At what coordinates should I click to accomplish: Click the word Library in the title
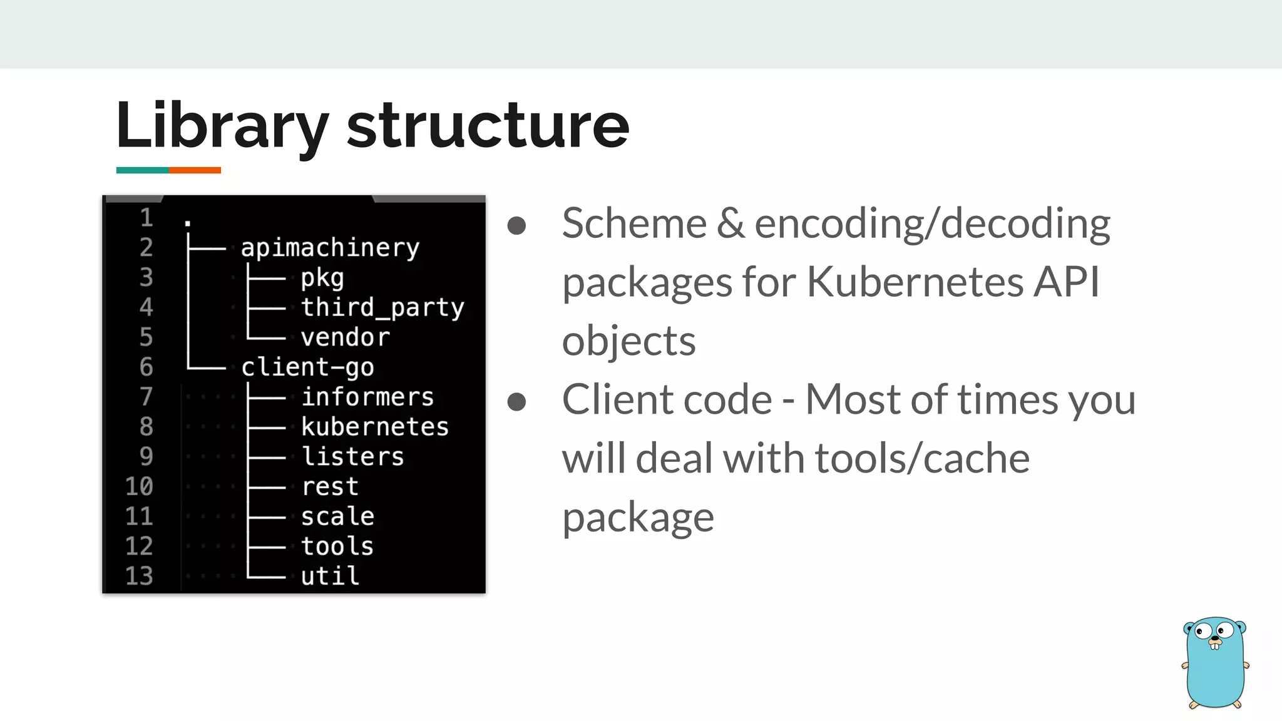pyautogui.click(x=222, y=126)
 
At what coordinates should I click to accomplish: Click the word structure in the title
pyautogui.click(x=487, y=126)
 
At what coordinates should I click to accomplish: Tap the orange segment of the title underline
pyautogui.click(x=195, y=170)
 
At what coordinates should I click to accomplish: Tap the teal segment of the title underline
pyautogui.click(x=142, y=170)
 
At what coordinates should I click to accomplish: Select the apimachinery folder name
pyautogui.click(x=330, y=248)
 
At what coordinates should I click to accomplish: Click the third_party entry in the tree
pyautogui.click(x=382, y=308)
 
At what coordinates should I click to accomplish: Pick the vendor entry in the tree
pyautogui.click(x=345, y=338)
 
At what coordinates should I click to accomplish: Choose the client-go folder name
pyautogui.click(x=307, y=367)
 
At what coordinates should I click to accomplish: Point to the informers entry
pyautogui.click(x=367, y=397)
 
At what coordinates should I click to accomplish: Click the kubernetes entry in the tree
pyautogui.click(x=375, y=427)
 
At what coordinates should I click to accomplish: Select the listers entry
pyautogui.click(x=352, y=457)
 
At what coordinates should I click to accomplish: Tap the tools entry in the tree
pyautogui.click(x=337, y=546)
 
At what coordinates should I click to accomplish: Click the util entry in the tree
pyautogui.click(x=330, y=576)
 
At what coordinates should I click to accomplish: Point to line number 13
pyautogui.click(x=139, y=576)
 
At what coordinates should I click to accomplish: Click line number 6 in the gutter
pyautogui.click(x=146, y=367)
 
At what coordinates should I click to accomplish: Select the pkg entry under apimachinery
pyautogui.click(x=322, y=279)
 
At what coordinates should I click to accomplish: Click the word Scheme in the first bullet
pyautogui.click(x=634, y=223)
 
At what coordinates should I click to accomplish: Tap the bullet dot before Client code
pyautogui.click(x=516, y=401)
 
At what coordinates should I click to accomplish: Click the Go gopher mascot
pyautogui.click(x=1214, y=662)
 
